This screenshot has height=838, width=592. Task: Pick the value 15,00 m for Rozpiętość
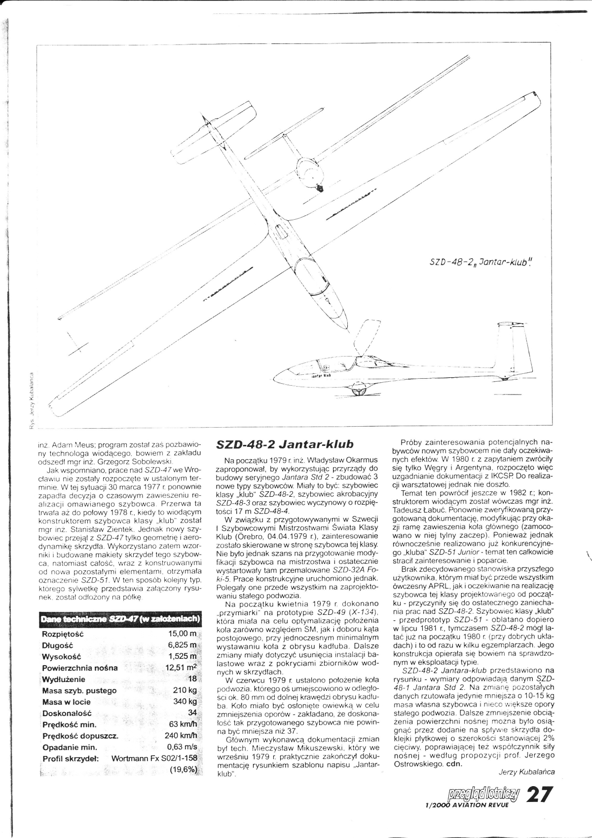(183, 634)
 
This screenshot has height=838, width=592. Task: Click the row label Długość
(58, 645)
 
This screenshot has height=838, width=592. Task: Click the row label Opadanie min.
(70, 747)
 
